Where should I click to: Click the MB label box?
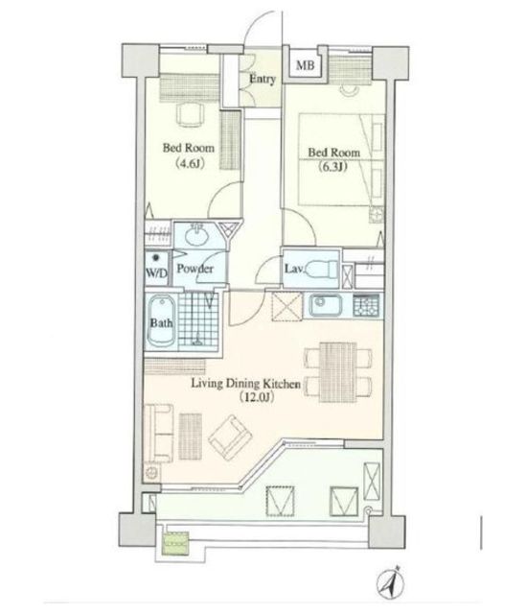click(x=305, y=64)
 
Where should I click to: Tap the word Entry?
click(x=263, y=79)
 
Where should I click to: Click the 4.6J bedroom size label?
click(x=190, y=162)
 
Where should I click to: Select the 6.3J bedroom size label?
click(x=332, y=167)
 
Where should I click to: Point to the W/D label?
click(x=156, y=272)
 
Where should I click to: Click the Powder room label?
click(x=194, y=269)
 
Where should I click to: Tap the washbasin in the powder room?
click(x=196, y=234)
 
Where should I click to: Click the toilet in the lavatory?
click(x=321, y=270)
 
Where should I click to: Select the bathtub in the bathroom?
click(x=161, y=321)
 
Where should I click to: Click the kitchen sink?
click(x=326, y=305)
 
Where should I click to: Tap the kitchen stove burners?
click(x=366, y=305)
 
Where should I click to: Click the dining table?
click(x=338, y=372)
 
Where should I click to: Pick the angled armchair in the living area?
click(x=230, y=437)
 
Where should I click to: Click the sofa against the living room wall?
click(x=159, y=433)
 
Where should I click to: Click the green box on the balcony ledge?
click(x=175, y=544)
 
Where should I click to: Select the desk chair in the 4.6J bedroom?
click(x=191, y=114)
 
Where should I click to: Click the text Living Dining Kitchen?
click(x=245, y=384)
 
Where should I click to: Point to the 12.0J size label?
click(x=256, y=397)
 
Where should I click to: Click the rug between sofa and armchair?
click(x=191, y=437)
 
